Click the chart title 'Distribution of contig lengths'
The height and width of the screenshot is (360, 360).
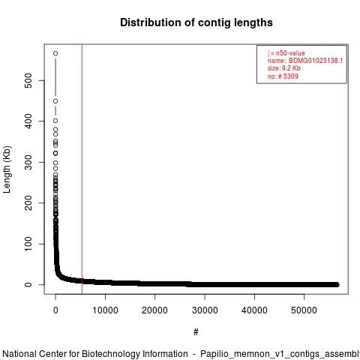(x=196, y=22)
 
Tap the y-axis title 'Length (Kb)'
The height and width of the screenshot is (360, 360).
(x=7, y=169)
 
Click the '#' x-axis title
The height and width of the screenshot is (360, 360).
(x=196, y=332)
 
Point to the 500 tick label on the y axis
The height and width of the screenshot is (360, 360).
(x=28, y=80)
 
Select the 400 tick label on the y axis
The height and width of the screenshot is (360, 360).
(x=28, y=121)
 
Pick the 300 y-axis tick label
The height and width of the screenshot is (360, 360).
(x=28, y=162)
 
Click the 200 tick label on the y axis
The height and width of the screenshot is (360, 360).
(x=28, y=203)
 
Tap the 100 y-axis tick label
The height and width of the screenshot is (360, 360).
(x=28, y=244)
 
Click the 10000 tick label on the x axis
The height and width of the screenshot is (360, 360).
(x=105, y=310)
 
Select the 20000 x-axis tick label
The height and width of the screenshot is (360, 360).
(x=154, y=310)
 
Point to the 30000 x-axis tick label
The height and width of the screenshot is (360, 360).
(x=205, y=310)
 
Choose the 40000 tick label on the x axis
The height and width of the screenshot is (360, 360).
(x=254, y=310)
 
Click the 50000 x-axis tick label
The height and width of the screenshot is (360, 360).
(x=304, y=310)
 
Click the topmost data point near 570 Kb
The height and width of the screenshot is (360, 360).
(x=55, y=53)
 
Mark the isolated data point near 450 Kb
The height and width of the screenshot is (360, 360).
(x=55, y=101)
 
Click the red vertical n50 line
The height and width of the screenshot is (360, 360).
(x=82, y=169)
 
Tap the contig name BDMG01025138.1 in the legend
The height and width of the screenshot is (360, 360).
(x=316, y=61)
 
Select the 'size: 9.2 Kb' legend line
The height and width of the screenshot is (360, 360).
(x=284, y=68)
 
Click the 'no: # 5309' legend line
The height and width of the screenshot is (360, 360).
(x=283, y=76)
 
